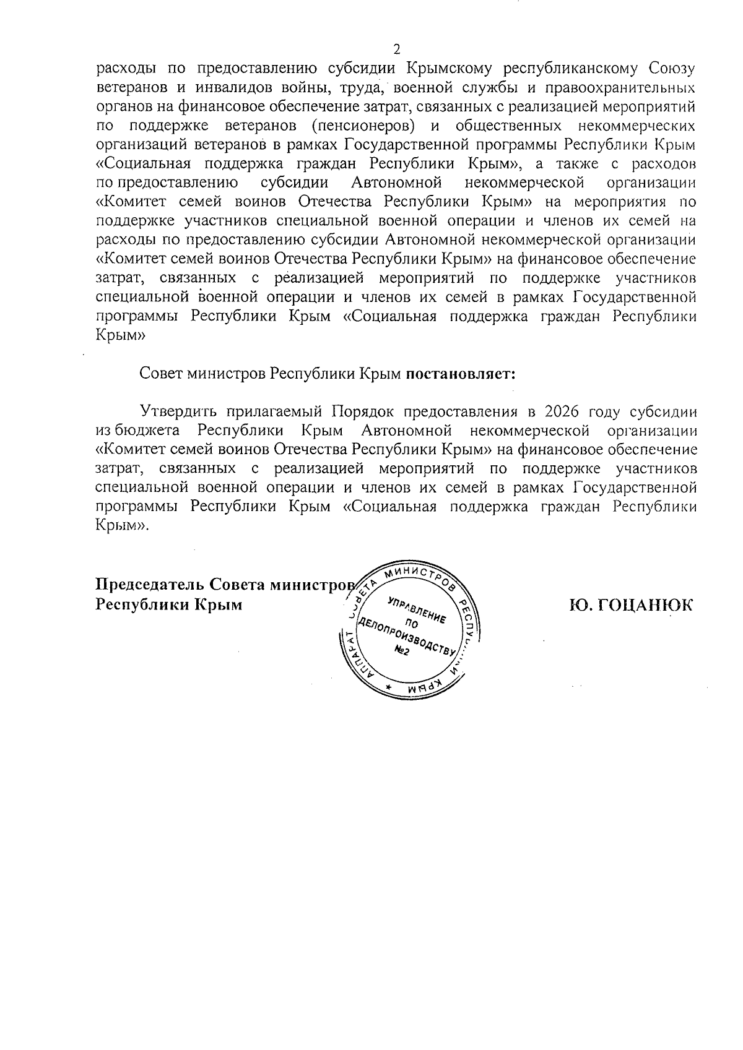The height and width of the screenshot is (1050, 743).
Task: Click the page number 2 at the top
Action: point(397,49)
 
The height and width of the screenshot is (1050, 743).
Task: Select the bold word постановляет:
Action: point(461,374)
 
